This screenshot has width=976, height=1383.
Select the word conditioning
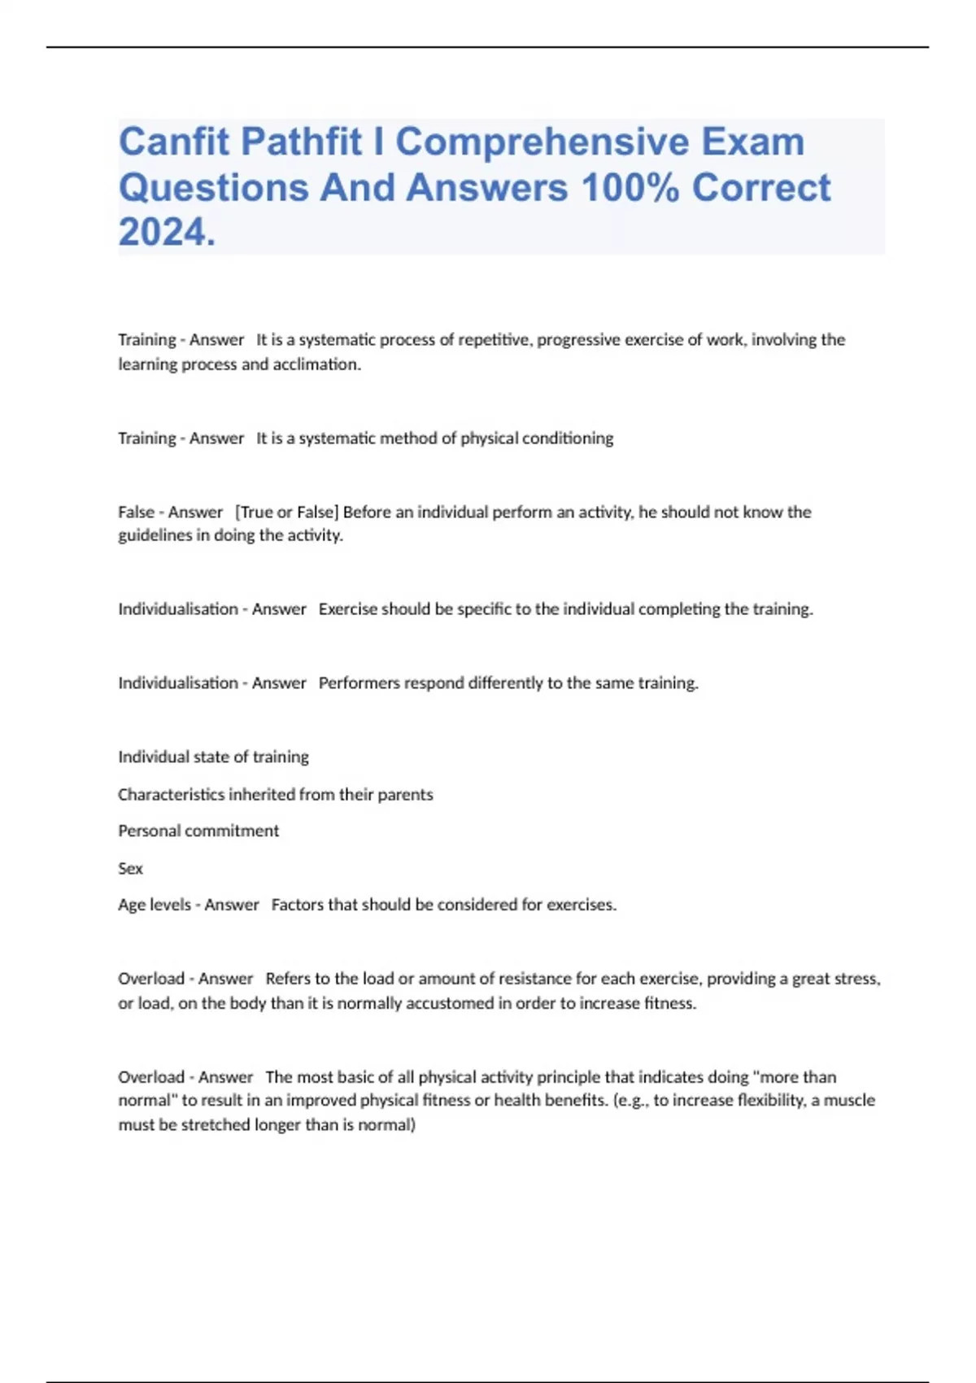(568, 438)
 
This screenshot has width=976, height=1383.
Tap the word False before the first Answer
(136, 513)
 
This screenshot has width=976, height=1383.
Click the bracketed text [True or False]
(286, 513)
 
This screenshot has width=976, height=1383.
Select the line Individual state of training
(213, 757)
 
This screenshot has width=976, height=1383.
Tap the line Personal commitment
(198, 831)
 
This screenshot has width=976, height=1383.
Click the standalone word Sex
(130, 868)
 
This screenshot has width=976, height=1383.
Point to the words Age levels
(154, 905)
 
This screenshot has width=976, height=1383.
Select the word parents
(407, 794)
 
